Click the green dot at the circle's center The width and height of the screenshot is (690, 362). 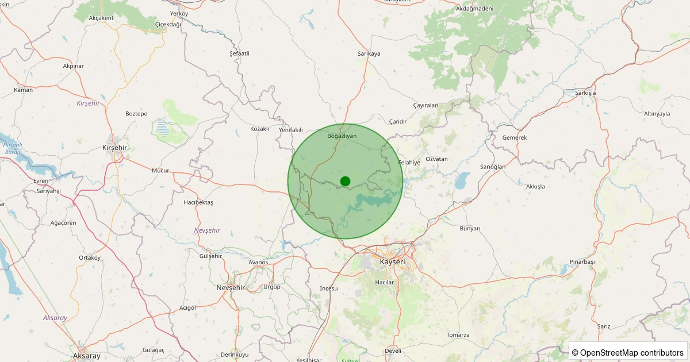point(345,181)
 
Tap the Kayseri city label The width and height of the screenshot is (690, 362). point(393,262)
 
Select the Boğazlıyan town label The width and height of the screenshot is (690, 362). point(342,136)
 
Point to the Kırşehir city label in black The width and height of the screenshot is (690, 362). point(114,148)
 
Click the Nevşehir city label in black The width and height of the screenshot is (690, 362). point(231,287)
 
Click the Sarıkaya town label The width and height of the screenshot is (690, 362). point(369,53)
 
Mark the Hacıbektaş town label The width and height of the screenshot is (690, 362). point(198,203)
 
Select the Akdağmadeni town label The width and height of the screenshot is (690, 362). point(474,9)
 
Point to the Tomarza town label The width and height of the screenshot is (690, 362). point(458,335)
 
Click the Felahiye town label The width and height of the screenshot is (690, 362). point(409,163)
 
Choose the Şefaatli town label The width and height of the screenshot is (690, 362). point(239,53)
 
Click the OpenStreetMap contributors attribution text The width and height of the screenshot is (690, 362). point(628,352)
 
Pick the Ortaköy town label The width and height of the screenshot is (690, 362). point(90,257)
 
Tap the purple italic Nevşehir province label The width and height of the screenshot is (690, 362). point(207,230)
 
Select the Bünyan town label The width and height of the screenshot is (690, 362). point(470,229)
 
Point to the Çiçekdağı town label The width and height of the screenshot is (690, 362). point(168,25)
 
